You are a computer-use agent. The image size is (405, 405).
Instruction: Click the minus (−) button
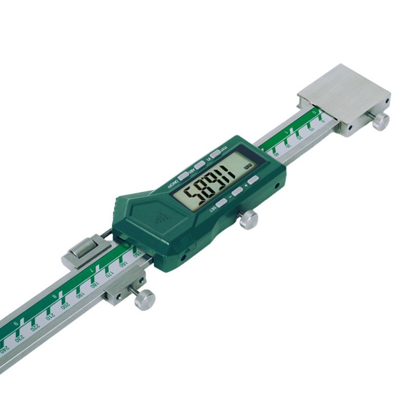point(237,192)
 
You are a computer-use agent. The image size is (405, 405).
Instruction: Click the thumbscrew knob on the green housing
point(249,220)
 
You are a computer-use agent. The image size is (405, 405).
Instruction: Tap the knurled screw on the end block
point(380,120)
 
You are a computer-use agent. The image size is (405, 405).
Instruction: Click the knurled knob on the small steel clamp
point(144,300)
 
